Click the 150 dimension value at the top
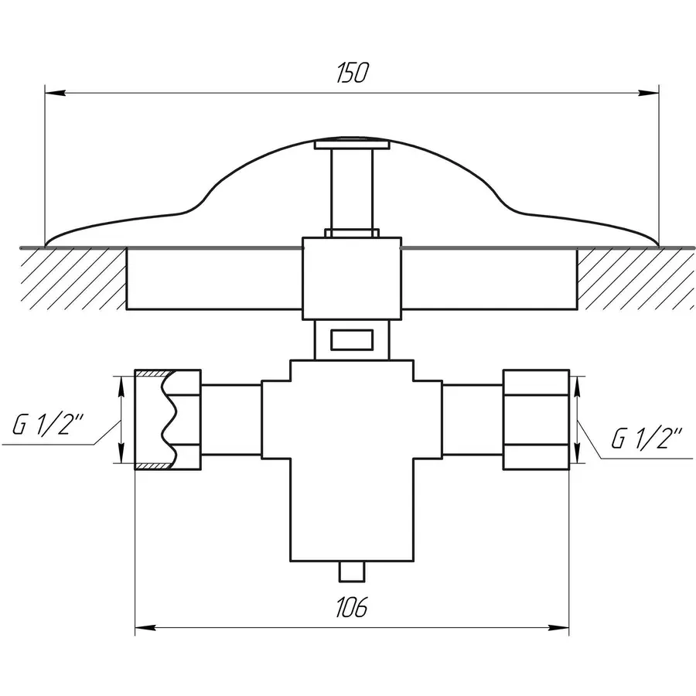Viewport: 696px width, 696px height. tap(351, 73)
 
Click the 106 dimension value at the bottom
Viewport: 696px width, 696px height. tap(351, 608)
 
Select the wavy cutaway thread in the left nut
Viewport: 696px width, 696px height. tap(169, 420)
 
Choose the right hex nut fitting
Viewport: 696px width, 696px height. tap(536, 420)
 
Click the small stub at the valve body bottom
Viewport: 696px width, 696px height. tap(352, 571)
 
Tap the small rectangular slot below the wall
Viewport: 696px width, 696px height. tap(351, 339)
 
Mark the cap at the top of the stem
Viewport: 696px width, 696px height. tap(351, 143)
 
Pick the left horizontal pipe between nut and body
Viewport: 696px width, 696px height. tap(232, 420)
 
